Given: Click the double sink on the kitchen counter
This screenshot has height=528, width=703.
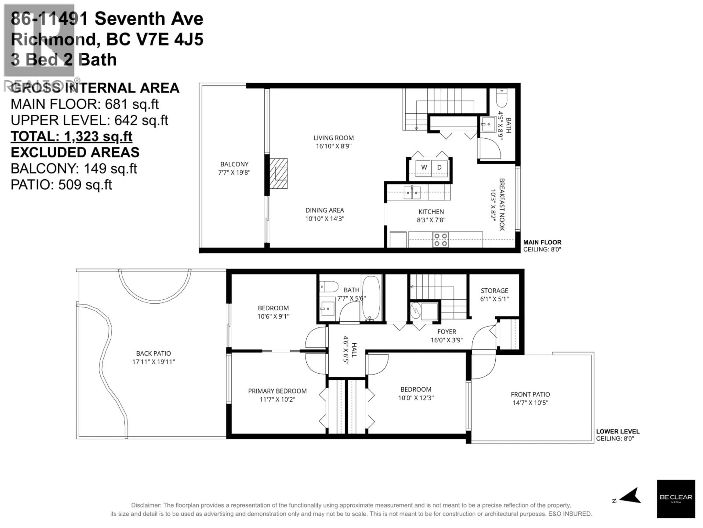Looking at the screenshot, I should [x=412, y=192].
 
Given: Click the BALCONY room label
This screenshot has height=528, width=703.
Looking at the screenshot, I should [x=234, y=164].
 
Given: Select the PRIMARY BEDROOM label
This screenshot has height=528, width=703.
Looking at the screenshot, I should [x=277, y=391].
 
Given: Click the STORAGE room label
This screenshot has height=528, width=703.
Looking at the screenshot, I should [x=494, y=291].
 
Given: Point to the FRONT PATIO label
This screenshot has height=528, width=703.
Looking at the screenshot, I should [x=530, y=394].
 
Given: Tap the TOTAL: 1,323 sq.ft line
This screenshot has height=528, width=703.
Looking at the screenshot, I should [x=72, y=137].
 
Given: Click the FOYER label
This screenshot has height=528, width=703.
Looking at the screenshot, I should [x=447, y=332].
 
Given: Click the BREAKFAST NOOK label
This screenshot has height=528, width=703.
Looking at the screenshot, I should [x=501, y=204].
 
